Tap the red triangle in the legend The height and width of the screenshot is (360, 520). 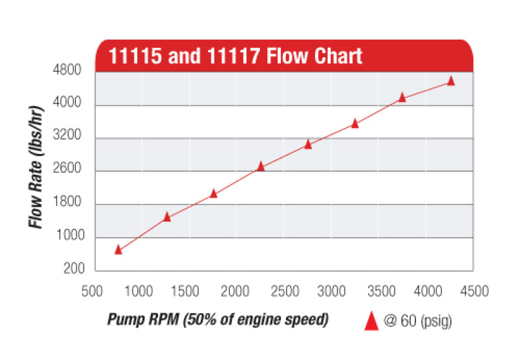click(372, 320)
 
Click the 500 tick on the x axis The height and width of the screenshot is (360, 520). click(92, 291)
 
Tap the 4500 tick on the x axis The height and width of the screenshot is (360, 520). click(474, 291)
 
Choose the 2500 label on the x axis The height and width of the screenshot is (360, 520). click(284, 291)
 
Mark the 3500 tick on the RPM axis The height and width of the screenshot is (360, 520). click(380, 291)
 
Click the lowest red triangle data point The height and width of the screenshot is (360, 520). click(118, 250)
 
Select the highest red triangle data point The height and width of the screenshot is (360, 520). click(451, 81)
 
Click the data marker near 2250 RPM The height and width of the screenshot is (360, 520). click(261, 166)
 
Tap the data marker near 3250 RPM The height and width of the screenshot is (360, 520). click(355, 123)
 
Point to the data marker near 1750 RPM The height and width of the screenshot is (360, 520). click(214, 194)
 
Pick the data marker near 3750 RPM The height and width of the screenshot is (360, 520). click(402, 97)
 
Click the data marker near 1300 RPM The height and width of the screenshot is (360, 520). click(166, 217)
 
